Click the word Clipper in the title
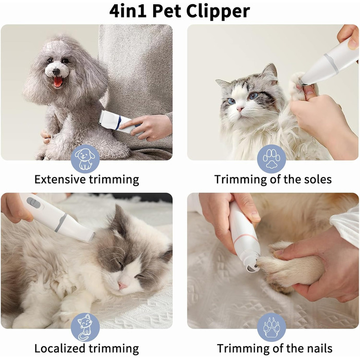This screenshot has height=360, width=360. (218, 11)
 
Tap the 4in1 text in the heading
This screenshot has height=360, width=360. (128, 11)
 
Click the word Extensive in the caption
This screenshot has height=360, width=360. (60, 179)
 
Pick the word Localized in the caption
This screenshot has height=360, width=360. (60, 349)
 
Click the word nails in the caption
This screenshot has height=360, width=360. (319, 348)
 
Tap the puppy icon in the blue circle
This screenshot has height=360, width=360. (85, 159)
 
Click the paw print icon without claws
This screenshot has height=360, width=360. (272, 158)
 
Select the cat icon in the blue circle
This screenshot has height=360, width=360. (85, 328)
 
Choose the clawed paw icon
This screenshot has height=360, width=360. (272, 327)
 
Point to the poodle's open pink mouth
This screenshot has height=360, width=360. (58, 82)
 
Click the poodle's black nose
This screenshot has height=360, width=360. (56, 72)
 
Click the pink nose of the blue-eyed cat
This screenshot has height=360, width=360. (240, 109)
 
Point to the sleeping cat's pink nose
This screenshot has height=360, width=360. (122, 285)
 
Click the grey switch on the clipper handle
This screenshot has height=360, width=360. (33, 203)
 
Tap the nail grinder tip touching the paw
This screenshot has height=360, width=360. (253, 266)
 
